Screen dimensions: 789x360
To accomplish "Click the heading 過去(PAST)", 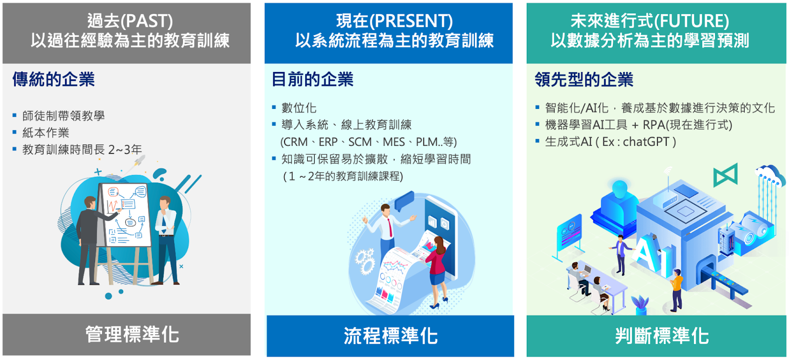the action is tap(130, 21).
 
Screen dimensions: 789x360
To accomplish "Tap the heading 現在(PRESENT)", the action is tap(394, 21).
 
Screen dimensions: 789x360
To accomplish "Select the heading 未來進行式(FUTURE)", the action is tap(650, 21).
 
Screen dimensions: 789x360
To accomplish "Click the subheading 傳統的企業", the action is tap(54, 79).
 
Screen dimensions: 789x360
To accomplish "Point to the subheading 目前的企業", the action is tap(313, 79).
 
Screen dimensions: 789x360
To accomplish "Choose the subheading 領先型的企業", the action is tap(584, 79).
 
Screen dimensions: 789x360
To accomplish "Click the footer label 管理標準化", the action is tap(133, 334).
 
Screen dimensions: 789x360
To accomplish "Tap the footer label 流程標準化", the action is tap(391, 335).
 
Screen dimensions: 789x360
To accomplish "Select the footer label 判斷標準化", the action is tap(662, 335).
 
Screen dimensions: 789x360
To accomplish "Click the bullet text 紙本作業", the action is tap(46, 133).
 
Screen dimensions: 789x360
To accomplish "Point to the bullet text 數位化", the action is tap(299, 108).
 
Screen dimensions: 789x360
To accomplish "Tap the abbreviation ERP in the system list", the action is tap(328, 142).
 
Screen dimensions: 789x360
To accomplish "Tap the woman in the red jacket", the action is tap(436, 272).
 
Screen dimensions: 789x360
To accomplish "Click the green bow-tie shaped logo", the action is tap(725, 175).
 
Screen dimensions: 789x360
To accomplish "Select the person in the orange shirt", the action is tap(676, 290).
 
